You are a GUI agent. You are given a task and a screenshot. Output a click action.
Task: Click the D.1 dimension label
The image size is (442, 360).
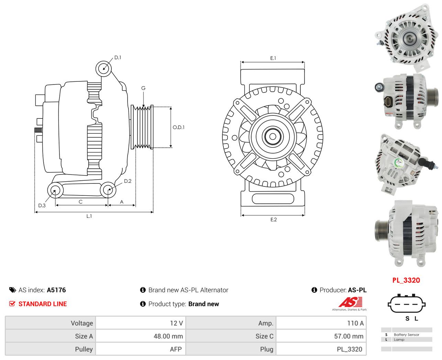[118, 57]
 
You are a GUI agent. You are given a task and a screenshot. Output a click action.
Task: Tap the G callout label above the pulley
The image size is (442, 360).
[143, 88]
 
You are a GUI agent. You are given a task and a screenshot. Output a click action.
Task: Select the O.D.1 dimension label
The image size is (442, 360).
[178, 127]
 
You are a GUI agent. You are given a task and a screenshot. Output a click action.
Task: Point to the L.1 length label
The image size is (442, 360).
[89, 216]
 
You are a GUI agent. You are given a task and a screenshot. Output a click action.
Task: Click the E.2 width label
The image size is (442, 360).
[274, 220]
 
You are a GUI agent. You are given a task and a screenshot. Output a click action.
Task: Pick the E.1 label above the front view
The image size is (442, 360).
[273, 58]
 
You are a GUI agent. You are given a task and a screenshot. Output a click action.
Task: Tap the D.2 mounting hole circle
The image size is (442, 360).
[108, 190]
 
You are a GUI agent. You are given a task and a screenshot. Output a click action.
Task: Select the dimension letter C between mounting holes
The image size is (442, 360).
[81, 202]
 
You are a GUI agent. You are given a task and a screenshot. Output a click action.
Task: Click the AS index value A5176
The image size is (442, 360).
[56, 290]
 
